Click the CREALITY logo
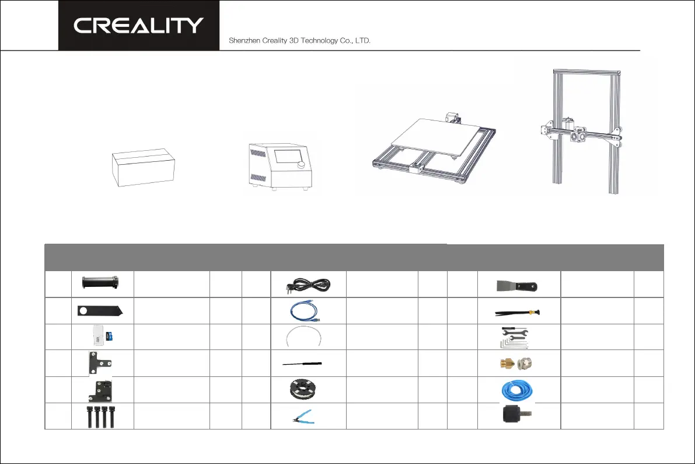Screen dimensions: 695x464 [138, 25]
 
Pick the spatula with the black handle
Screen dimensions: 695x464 [519, 286]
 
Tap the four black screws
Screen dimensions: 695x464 [103, 416]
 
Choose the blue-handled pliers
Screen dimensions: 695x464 [309, 417]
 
